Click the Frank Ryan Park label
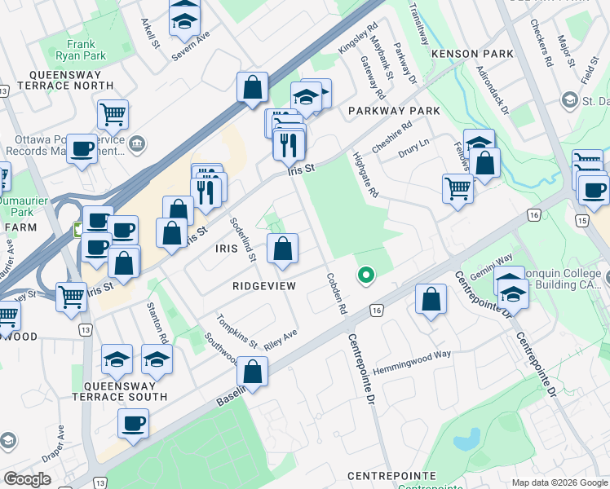tap(87, 51)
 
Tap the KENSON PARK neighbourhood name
tap(473, 54)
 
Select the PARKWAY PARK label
tap(394, 111)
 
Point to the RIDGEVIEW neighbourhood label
tap(263, 286)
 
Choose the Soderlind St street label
tap(243, 239)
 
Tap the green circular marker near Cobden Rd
tap(366, 275)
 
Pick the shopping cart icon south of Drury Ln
tap(458, 187)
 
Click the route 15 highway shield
tap(581, 221)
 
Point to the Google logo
tap(27, 479)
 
